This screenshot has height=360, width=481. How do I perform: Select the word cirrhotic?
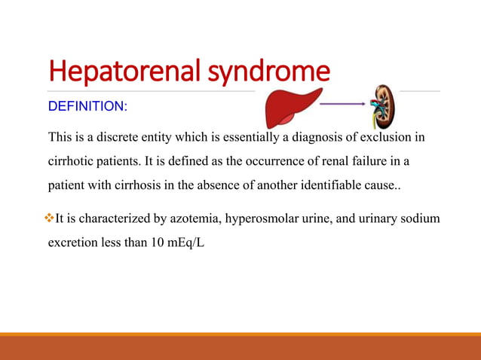tap(73, 161)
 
